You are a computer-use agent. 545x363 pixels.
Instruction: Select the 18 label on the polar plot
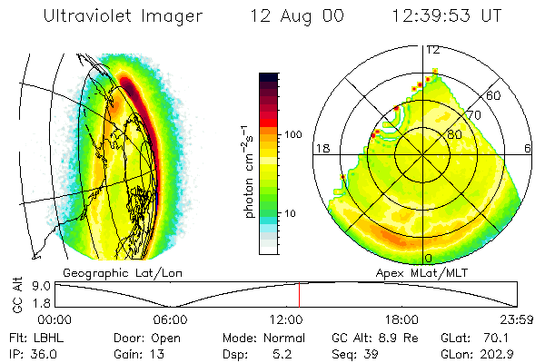click(322, 148)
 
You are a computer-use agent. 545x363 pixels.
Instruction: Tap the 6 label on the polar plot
click(528, 148)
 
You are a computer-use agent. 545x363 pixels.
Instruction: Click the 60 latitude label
click(494, 95)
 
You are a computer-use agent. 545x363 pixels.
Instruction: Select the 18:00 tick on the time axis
click(401, 319)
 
